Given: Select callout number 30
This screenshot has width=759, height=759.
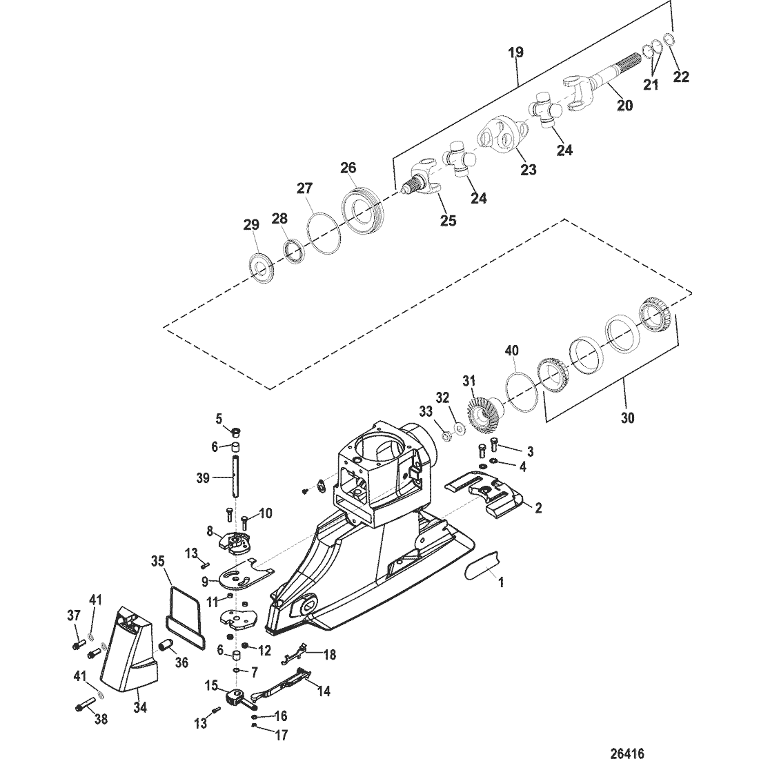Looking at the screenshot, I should pos(627,417).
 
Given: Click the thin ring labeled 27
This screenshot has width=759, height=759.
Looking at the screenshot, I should pos(324,228).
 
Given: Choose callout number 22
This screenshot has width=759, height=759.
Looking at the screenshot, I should pos(680,77).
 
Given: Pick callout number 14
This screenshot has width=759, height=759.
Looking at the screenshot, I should pos(323,688).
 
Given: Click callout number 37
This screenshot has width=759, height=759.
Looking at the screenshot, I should pos(74,615).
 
